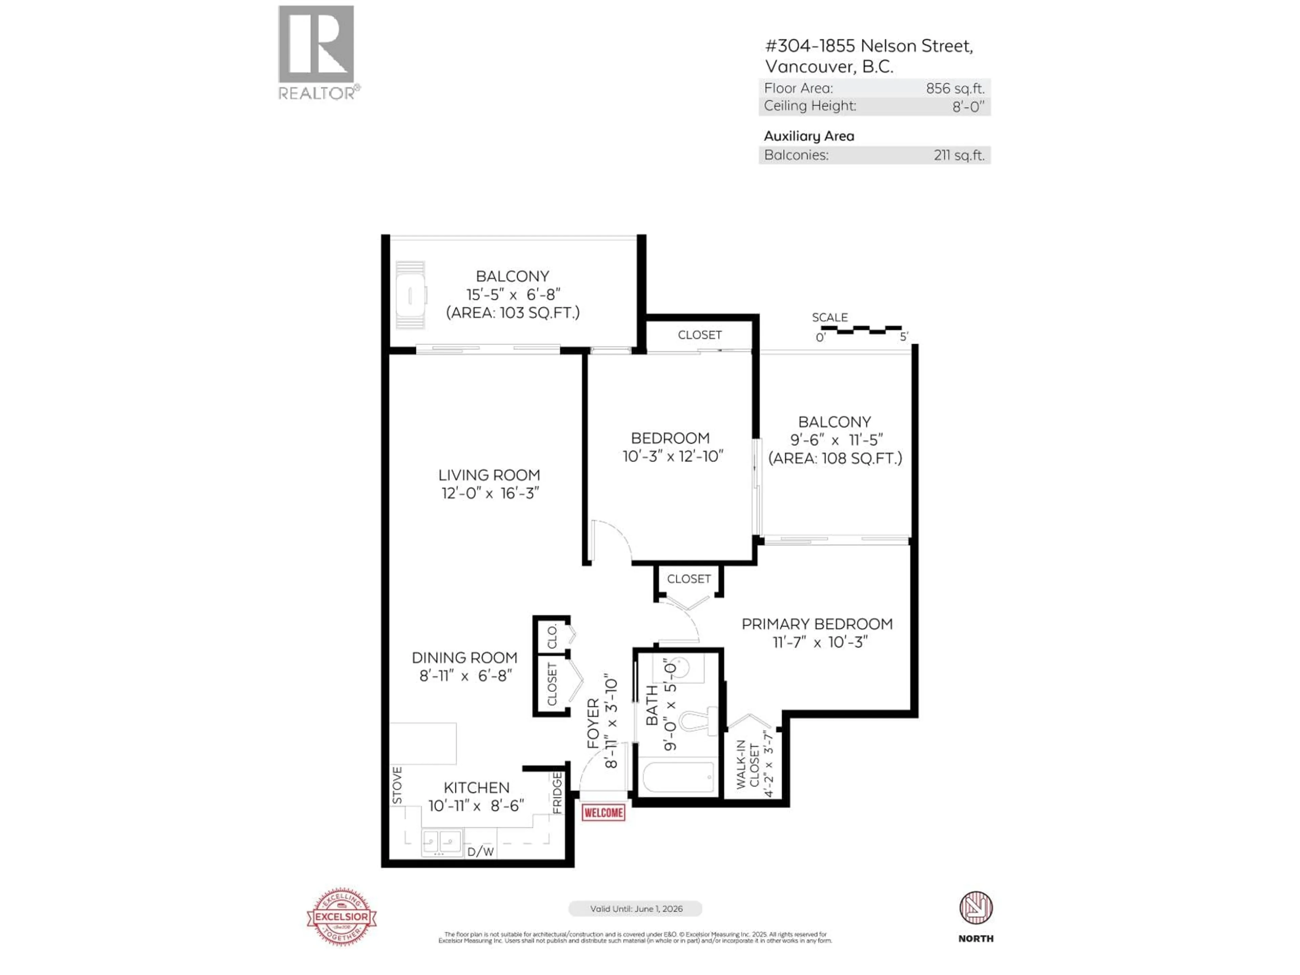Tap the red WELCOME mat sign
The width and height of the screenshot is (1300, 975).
(603, 813)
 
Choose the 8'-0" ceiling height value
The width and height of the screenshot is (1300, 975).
(968, 106)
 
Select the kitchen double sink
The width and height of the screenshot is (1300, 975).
(441, 842)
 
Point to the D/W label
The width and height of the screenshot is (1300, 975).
(480, 851)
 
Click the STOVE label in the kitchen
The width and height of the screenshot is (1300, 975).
(397, 785)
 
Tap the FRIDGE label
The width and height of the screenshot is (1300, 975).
(557, 793)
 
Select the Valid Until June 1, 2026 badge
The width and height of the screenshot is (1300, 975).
(635, 909)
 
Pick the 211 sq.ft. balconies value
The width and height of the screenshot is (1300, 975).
(958, 155)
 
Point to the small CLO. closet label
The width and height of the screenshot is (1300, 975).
(552, 636)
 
